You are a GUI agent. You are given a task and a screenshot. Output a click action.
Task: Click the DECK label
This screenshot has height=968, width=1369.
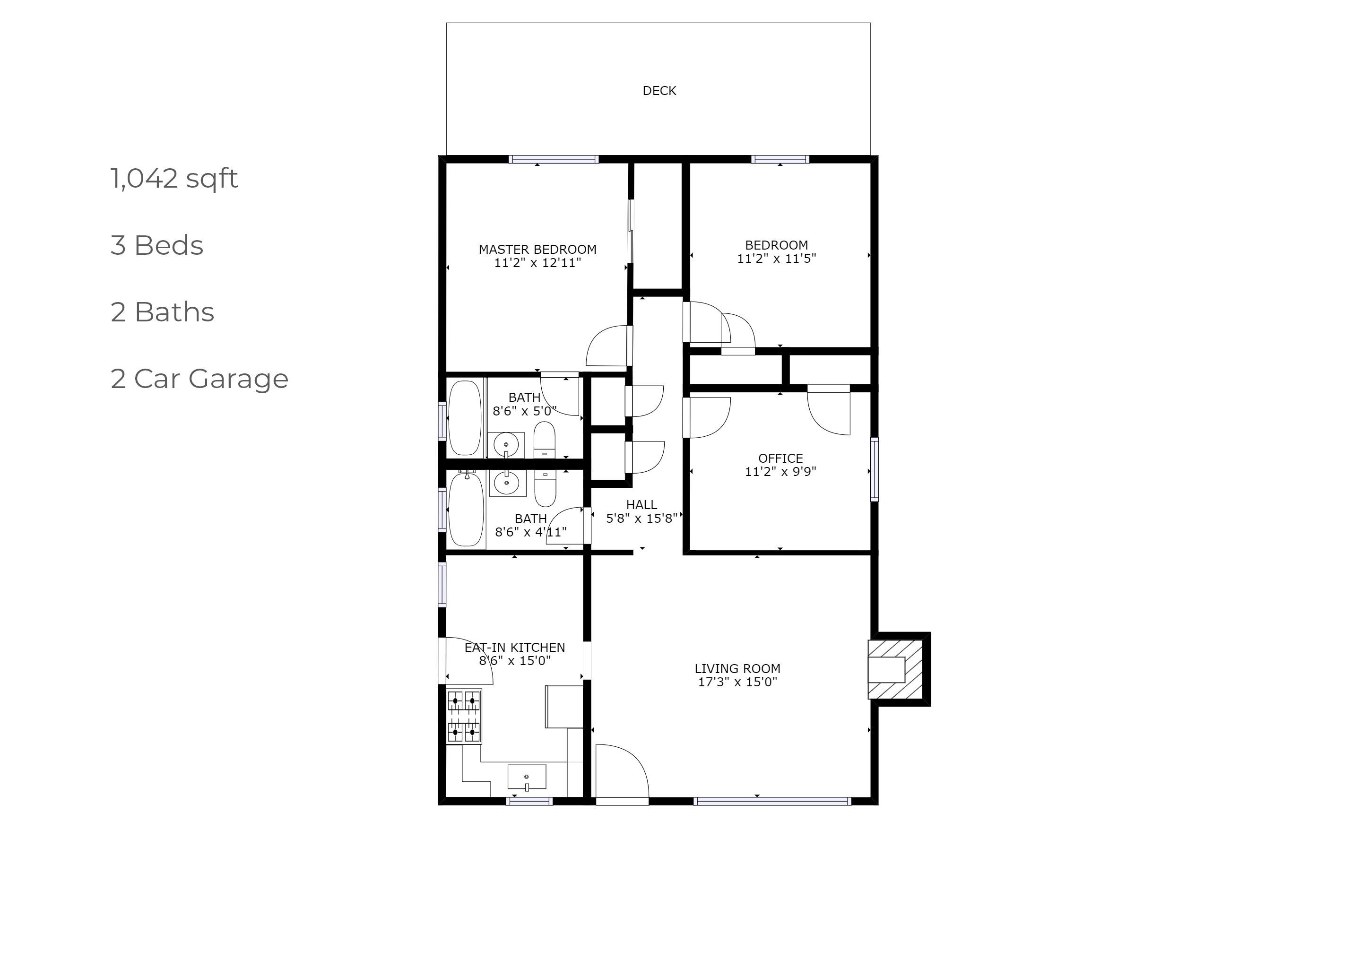pyautogui.click(x=659, y=91)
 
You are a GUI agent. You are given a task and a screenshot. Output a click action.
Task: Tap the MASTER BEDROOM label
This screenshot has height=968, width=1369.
pyautogui.click(x=537, y=249)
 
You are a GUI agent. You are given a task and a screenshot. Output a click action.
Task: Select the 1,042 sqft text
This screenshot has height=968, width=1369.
pyautogui.click(x=174, y=178)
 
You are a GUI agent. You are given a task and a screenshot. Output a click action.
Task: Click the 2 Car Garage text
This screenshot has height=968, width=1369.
pyautogui.click(x=199, y=379)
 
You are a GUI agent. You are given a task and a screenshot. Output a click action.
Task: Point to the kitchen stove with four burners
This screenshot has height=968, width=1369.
pyautogui.click(x=464, y=717)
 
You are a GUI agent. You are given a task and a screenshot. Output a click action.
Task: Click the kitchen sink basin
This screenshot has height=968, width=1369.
pyautogui.click(x=527, y=777)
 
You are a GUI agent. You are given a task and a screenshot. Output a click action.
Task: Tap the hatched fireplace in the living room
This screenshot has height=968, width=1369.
pyautogui.click(x=895, y=669)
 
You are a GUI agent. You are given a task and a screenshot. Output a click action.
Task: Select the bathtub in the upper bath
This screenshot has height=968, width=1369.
pyautogui.click(x=465, y=418)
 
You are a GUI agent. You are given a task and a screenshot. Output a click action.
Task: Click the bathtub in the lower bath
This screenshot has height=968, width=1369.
pyautogui.click(x=466, y=509)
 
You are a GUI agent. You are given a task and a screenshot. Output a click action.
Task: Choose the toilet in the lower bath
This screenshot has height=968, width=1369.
pyautogui.click(x=545, y=488)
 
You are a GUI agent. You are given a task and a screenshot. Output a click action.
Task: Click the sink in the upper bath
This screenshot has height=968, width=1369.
pyautogui.click(x=506, y=445)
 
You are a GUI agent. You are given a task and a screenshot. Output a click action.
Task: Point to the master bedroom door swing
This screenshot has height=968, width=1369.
pyautogui.click(x=607, y=346)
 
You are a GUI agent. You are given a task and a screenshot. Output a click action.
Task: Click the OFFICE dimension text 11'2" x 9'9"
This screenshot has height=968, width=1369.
pyautogui.click(x=780, y=472)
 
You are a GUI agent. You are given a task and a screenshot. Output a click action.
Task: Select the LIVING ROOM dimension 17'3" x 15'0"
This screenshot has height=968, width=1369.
pyautogui.click(x=737, y=682)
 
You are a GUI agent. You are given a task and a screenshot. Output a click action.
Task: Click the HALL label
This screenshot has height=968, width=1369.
pyautogui.click(x=641, y=505)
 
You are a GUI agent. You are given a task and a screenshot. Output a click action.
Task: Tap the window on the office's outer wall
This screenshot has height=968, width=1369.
pyautogui.click(x=874, y=469)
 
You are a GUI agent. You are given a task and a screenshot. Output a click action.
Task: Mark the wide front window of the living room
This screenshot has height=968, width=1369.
pyautogui.click(x=772, y=801)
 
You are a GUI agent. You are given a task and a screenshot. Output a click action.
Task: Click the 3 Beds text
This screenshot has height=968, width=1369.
pyautogui.click(x=157, y=245)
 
